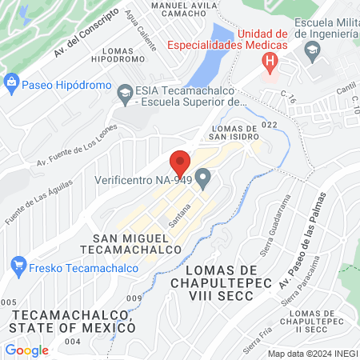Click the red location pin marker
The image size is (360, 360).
pyautogui.click(x=181, y=163)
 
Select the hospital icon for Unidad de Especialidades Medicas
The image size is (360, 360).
pyautogui.click(x=271, y=61)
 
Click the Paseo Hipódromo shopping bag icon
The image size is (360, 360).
pyautogui.click(x=11, y=82)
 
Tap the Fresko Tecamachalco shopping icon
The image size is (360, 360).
pyautogui.click(x=18, y=264)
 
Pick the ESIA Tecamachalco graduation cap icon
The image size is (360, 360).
pyautogui.click(x=125, y=94)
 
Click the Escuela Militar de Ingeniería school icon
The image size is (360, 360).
pyautogui.click(x=312, y=50)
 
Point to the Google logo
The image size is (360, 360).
pyautogui.click(x=26, y=350)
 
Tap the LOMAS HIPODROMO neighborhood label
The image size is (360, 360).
pyautogui.click(x=118, y=54)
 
